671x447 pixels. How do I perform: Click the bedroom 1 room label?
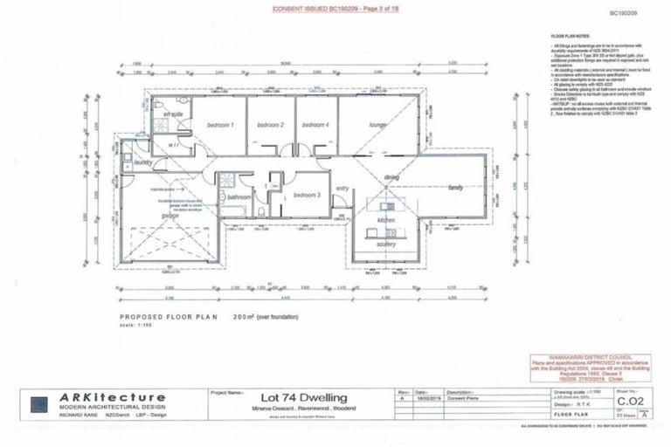(220, 126)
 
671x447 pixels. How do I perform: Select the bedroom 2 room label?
(270, 126)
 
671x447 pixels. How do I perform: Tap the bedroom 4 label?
(315, 126)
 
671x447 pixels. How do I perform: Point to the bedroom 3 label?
(307, 195)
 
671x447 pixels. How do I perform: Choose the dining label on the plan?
(391, 178)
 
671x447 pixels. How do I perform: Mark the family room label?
(455, 188)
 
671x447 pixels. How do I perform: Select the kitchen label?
(387, 220)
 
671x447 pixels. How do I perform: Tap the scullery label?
(387, 244)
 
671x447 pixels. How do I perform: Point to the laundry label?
(144, 162)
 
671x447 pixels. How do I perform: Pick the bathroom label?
(239, 197)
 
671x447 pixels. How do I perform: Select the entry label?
(342, 188)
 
